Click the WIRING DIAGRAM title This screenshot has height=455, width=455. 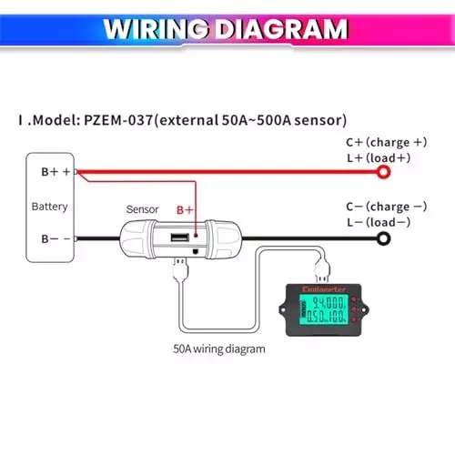[226, 28]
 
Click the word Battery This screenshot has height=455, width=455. [49, 207]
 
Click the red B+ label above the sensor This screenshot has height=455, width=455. [185, 209]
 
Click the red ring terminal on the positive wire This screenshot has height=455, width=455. [384, 171]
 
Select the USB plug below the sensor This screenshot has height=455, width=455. [179, 268]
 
